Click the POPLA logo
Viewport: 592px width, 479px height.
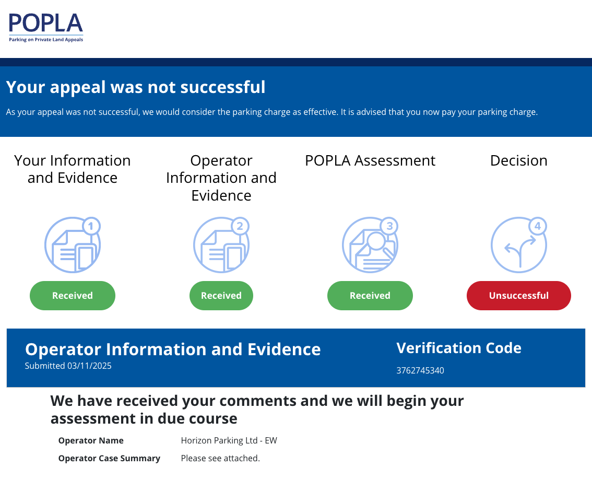click(46, 27)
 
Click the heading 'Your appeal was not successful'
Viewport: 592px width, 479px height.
click(136, 87)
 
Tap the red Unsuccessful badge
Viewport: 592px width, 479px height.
click(519, 296)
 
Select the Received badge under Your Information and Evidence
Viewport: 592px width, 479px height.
click(73, 296)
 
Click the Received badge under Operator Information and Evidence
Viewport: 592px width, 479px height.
click(221, 296)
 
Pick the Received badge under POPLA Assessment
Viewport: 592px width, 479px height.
click(370, 296)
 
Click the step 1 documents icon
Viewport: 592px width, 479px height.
click(73, 245)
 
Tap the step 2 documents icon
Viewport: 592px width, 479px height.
click(221, 245)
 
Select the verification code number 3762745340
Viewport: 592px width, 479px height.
click(420, 370)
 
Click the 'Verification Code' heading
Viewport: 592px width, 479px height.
click(459, 348)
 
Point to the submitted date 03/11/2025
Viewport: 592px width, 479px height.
click(89, 366)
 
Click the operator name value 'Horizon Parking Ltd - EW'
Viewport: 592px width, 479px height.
click(229, 440)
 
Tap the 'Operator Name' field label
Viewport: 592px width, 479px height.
click(91, 440)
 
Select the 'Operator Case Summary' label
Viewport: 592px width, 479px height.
click(109, 458)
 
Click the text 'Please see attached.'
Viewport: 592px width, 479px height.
click(220, 458)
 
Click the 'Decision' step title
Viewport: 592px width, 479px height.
click(519, 160)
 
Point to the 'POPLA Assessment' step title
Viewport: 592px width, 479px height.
click(370, 160)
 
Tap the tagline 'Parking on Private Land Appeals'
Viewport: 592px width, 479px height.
click(46, 40)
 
